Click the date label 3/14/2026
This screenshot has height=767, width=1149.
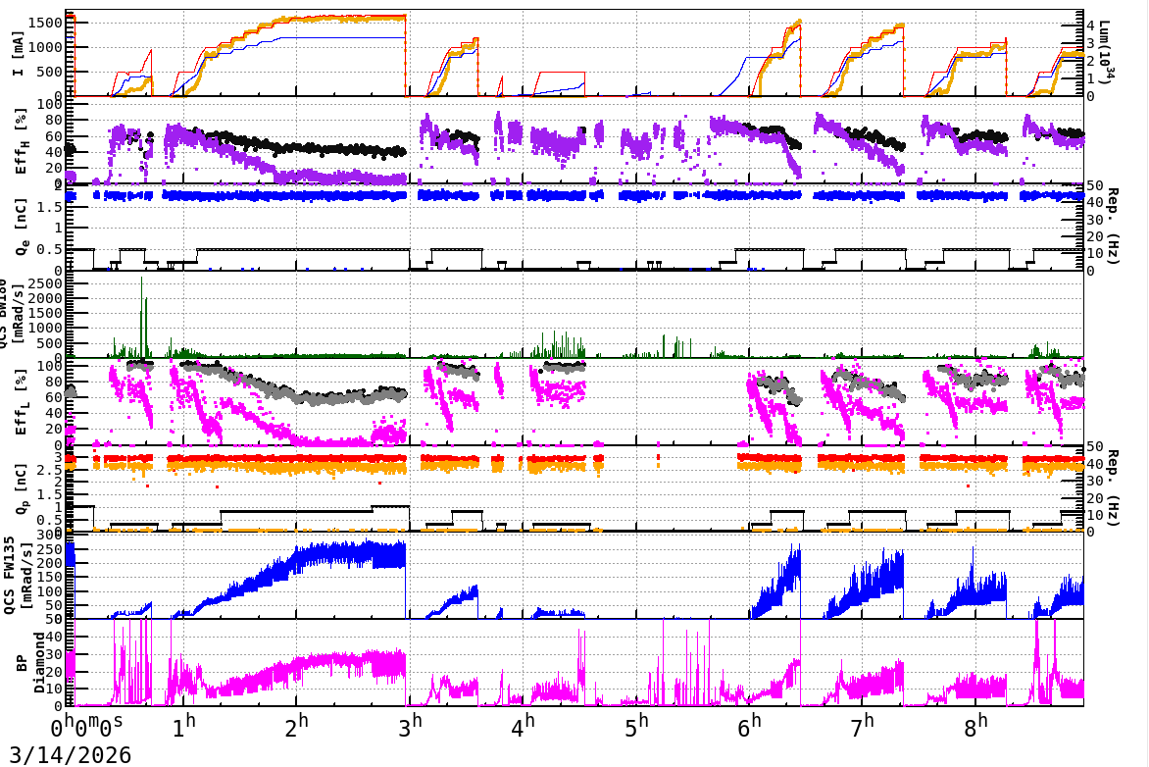pyautogui.click(x=66, y=754)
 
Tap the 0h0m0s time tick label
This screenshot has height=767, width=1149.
pyautogui.click(x=87, y=728)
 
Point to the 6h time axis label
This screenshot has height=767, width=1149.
pyautogui.click(x=752, y=727)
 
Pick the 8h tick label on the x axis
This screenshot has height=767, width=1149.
pyautogui.click(x=978, y=727)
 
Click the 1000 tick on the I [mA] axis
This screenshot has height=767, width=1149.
pyautogui.click(x=49, y=46)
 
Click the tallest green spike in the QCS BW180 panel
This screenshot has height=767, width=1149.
pyautogui.click(x=142, y=279)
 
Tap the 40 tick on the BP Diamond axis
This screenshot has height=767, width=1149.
pyautogui.click(x=58, y=637)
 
